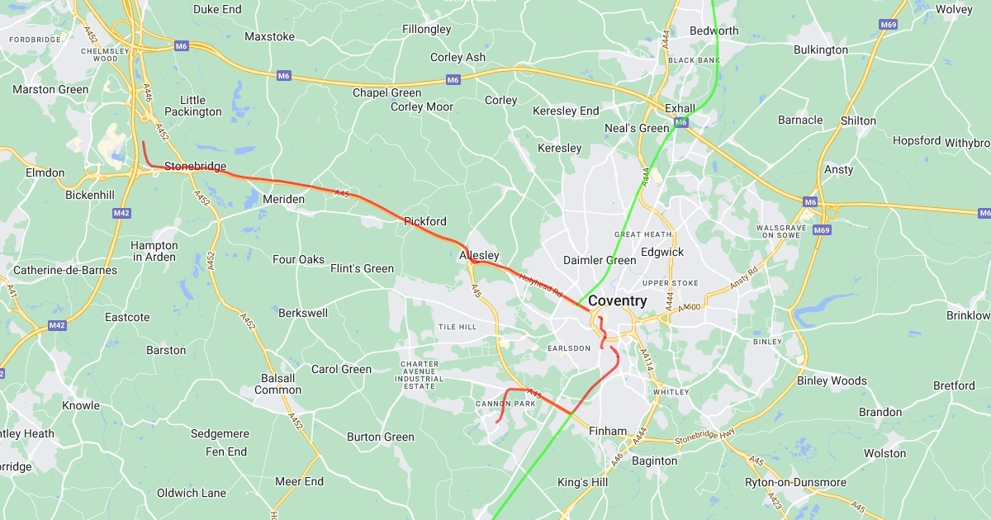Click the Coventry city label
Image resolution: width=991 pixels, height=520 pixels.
click(x=618, y=301)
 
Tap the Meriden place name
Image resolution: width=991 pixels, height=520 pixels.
click(x=283, y=199)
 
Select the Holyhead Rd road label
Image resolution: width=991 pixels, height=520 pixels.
click(x=540, y=286)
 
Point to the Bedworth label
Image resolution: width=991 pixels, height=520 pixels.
click(x=714, y=31)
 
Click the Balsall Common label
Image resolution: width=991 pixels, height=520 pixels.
click(x=277, y=384)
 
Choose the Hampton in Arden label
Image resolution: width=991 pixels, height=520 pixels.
click(x=154, y=251)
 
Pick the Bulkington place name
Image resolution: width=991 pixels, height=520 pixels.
click(x=820, y=50)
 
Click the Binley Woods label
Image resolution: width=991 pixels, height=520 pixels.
click(x=832, y=381)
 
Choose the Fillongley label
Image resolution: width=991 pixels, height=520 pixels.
click(x=426, y=29)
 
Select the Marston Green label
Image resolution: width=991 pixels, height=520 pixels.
click(x=50, y=89)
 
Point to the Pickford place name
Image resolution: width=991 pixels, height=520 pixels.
click(x=424, y=221)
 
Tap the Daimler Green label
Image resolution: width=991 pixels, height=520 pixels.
click(x=600, y=260)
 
